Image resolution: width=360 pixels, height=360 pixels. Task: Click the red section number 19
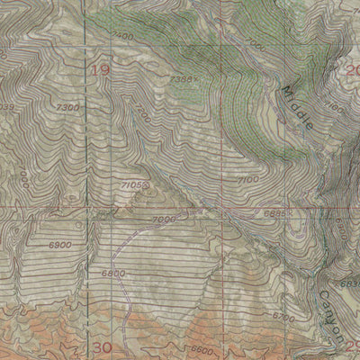(100, 69)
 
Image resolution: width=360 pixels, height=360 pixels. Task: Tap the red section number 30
(101, 347)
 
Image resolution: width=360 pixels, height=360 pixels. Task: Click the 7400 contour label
(123, 36)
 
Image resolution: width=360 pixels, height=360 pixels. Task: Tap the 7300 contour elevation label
(66, 107)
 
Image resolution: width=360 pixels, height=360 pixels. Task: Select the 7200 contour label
(143, 119)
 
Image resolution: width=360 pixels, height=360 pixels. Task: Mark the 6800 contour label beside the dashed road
(113, 273)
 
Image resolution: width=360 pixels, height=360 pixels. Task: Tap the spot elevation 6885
(276, 213)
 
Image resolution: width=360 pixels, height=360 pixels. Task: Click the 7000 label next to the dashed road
(164, 220)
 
